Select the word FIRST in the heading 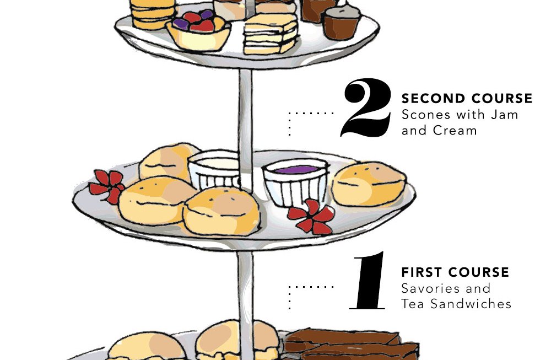pyautogui.click(x=422, y=272)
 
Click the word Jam pyautogui.click(x=504, y=115)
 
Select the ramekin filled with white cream pyautogui.click(x=215, y=169)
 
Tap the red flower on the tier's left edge pyautogui.click(x=107, y=186)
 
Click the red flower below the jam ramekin pyautogui.click(x=311, y=217)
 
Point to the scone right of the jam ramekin pyautogui.click(x=369, y=184)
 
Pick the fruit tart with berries pyautogui.click(x=198, y=30)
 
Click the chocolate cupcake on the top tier pyautogui.click(x=341, y=22)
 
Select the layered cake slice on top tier pyautogui.click(x=270, y=34)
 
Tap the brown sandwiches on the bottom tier pyautogui.click(x=352, y=345)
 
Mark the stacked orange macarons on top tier pyautogui.click(x=153, y=13)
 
